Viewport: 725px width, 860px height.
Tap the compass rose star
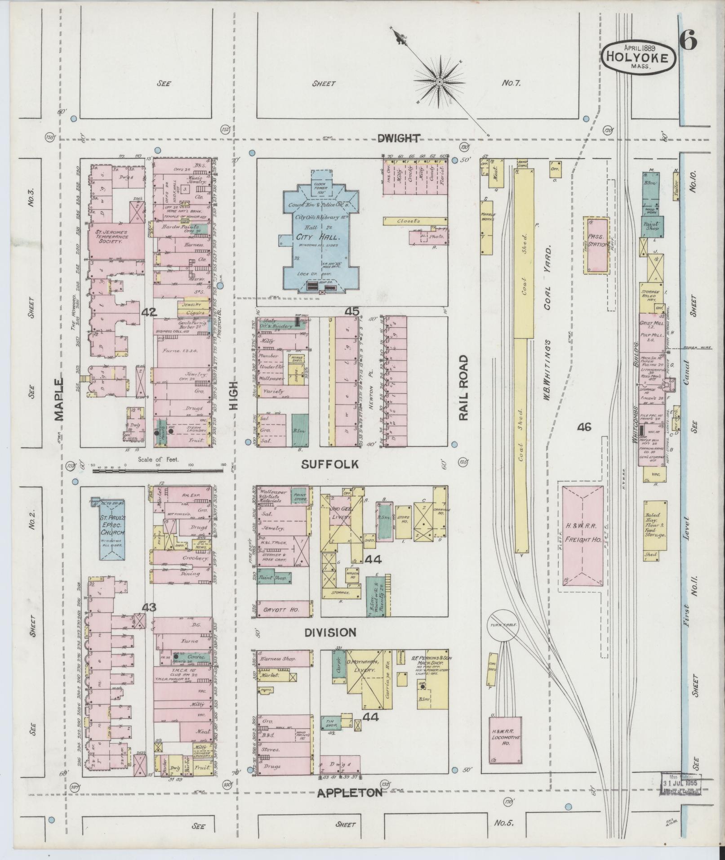439,81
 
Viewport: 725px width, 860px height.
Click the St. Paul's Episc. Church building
111,525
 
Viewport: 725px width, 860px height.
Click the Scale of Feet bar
157,470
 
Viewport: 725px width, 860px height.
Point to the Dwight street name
399,138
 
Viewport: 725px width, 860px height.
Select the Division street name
330,632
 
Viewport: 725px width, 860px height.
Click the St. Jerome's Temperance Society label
111,237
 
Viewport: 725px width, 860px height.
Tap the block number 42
148,312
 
